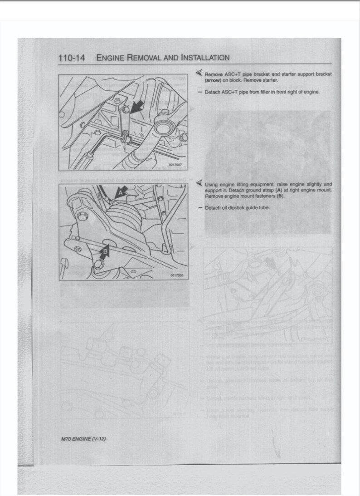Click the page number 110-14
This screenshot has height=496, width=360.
click(72, 58)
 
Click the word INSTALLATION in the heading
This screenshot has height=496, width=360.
click(204, 58)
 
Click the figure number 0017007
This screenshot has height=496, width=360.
click(175, 165)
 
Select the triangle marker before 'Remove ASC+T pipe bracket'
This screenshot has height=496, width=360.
click(199, 73)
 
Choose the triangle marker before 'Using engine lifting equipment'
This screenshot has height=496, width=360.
click(199, 184)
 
